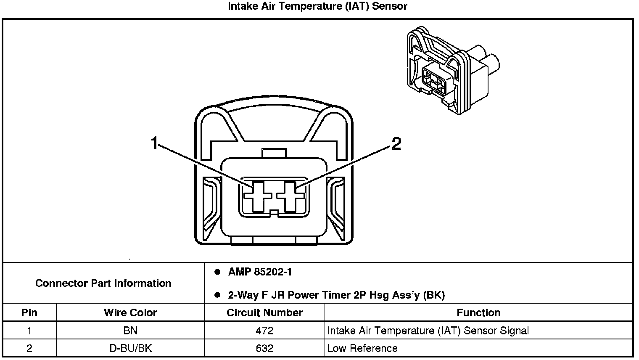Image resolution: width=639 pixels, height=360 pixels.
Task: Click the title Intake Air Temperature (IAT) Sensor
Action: click(x=317, y=6)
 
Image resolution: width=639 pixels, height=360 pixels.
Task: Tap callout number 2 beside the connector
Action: click(x=396, y=143)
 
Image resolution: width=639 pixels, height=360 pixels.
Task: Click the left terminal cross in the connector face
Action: click(x=258, y=196)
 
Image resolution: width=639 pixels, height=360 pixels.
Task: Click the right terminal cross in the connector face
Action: click(x=290, y=196)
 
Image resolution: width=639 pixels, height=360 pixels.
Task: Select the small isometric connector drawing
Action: click(x=453, y=70)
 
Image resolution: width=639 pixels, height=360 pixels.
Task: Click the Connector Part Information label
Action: click(x=103, y=283)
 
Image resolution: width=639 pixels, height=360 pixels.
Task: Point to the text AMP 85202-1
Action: click(x=260, y=272)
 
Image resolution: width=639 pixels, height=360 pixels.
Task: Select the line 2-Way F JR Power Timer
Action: click(x=336, y=295)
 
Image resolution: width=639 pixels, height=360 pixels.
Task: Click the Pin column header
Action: click(x=29, y=312)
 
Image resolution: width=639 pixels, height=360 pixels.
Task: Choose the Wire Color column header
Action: click(x=130, y=312)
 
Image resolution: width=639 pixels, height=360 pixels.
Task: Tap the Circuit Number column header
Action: click(x=264, y=312)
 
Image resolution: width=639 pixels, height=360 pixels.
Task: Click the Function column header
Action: click(x=478, y=312)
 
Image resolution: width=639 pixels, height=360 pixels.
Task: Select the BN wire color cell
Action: click(x=130, y=331)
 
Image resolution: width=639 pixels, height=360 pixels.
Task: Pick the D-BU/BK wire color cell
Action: click(x=130, y=348)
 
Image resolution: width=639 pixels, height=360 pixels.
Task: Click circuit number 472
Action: click(x=264, y=331)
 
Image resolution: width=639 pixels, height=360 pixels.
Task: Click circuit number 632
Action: click(x=264, y=348)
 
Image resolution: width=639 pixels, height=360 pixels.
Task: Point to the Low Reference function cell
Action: click(x=362, y=348)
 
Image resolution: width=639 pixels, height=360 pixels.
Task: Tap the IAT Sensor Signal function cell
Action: click(x=428, y=331)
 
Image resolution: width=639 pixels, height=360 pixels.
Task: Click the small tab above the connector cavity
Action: click(x=274, y=153)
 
